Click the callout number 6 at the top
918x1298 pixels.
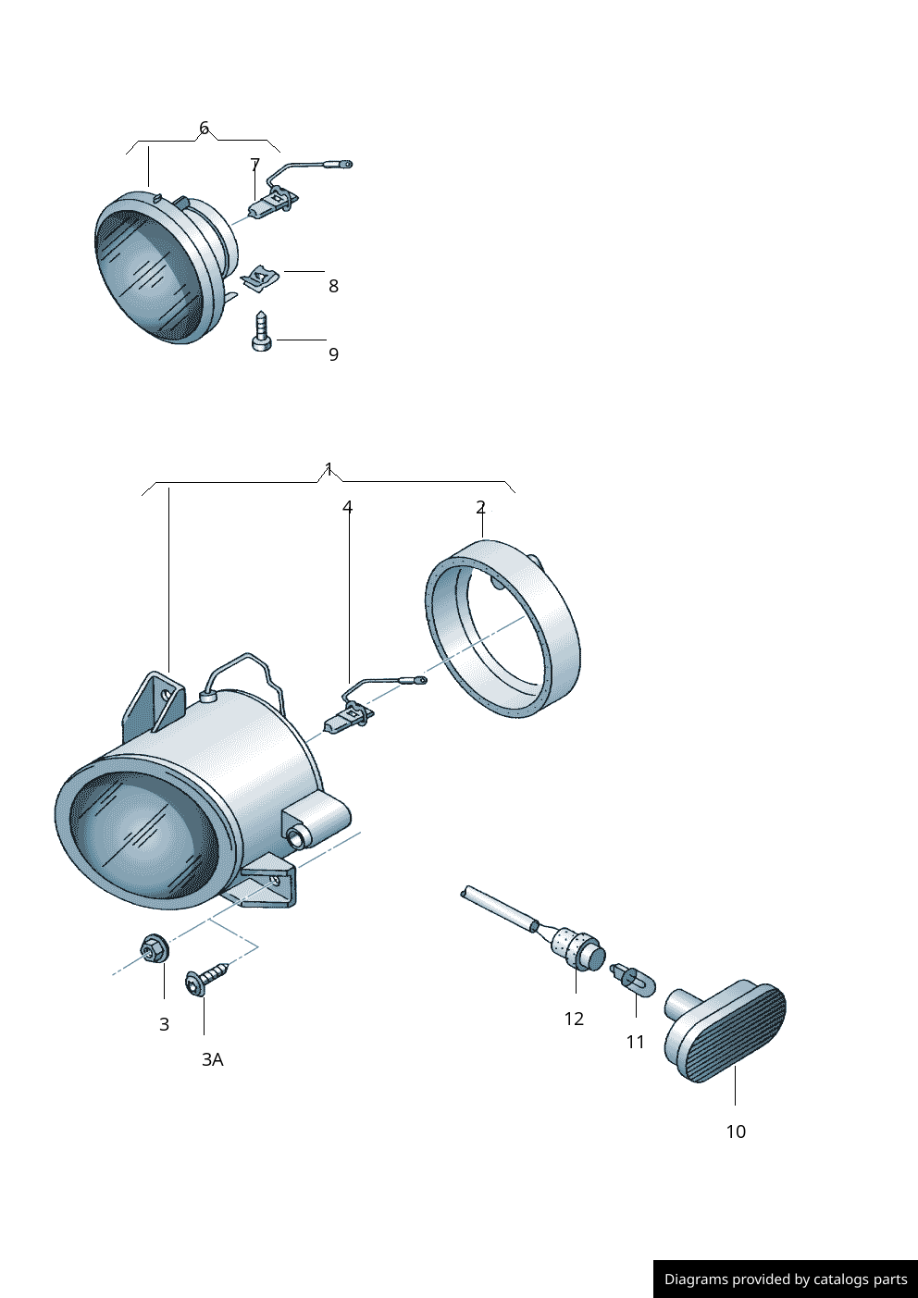(x=204, y=128)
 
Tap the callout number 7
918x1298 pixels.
(x=255, y=165)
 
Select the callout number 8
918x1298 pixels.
(x=333, y=286)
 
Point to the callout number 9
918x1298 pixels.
(x=333, y=354)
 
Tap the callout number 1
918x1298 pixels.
(x=329, y=469)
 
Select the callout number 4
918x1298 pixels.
(x=348, y=507)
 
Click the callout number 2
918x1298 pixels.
(x=480, y=507)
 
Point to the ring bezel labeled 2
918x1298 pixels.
(x=503, y=629)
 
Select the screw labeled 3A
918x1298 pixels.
(x=205, y=980)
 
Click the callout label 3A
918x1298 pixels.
(x=212, y=1059)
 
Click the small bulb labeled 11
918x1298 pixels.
(x=633, y=979)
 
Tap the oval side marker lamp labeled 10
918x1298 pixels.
(x=731, y=1032)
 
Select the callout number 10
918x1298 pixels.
(x=735, y=1131)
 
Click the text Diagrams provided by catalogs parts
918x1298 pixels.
(x=785, y=1279)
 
